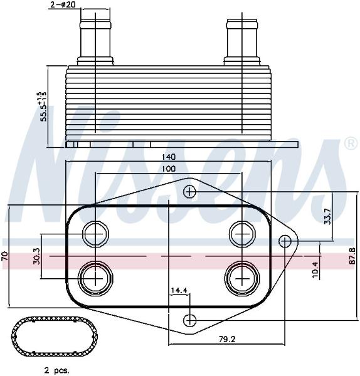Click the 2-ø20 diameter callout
click(63, 5)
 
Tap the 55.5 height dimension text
click(44, 107)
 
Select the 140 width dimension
click(168, 157)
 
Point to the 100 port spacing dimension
click(168, 169)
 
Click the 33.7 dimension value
click(327, 217)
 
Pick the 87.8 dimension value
click(352, 256)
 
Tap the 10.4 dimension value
click(315, 269)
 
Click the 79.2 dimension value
click(227, 339)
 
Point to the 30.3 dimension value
click(37, 256)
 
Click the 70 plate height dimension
click(4, 256)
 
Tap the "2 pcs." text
click(56, 370)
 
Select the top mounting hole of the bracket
click(189, 192)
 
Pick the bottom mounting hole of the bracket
click(189, 320)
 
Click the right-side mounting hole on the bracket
click(285, 241)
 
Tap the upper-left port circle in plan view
click(95, 234)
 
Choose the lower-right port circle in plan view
click(242, 278)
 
